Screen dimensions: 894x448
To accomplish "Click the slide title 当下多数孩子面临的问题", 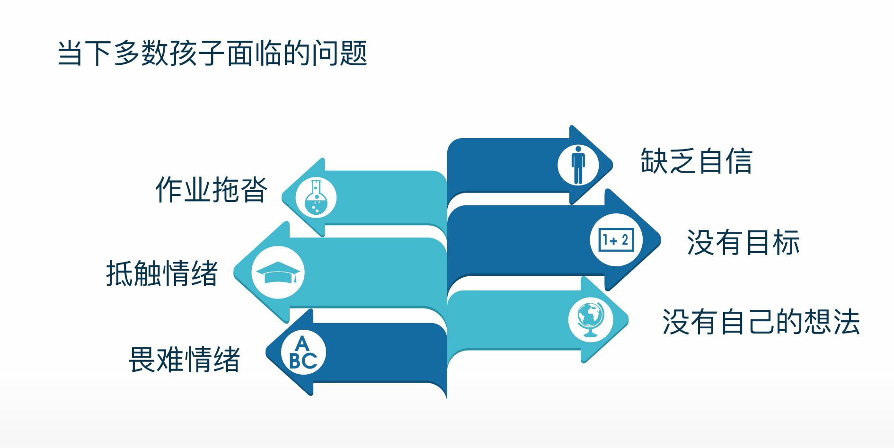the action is (x=212, y=53).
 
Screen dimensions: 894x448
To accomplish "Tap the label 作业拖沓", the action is (x=211, y=190).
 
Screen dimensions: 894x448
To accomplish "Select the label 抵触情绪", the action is (x=162, y=273).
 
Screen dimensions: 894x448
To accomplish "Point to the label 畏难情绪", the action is (x=184, y=360).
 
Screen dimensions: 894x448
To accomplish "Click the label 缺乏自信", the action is (x=696, y=161).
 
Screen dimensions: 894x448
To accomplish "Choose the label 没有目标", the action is (x=743, y=243).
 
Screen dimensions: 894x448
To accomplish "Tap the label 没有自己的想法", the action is (x=761, y=322).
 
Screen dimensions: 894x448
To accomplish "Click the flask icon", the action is (x=316, y=197).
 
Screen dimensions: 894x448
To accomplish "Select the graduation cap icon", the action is (x=278, y=272).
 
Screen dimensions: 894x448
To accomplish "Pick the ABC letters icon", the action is (x=303, y=353).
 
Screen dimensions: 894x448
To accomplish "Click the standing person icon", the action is (x=578, y=165).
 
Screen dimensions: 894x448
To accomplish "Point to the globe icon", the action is (x=591, y=319).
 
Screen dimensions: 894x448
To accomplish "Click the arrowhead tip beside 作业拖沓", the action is (x=282, y=197).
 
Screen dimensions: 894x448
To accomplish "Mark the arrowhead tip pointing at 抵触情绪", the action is (x=234, y=272).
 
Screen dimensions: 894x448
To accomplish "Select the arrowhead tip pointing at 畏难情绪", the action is (x=266, y=352).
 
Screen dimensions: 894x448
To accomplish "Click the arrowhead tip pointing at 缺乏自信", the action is (x=613, y=165).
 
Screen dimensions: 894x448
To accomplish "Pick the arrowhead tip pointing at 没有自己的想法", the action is (x=628, y=320).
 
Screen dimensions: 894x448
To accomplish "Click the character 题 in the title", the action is (x=354, y=53).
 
